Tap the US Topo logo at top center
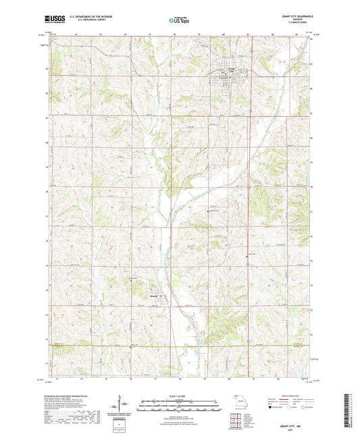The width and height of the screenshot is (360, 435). (x=180, y=22)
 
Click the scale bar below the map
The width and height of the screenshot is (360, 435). (x=180, y=402)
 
